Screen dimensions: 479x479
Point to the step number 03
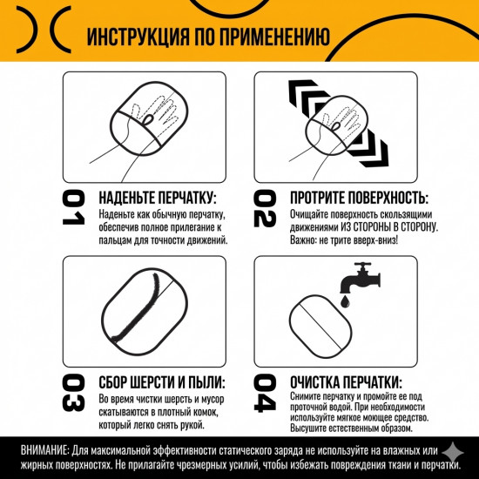click(72, 393)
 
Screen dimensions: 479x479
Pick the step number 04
click(264, 393)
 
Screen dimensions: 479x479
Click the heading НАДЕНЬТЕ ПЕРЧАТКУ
click(156, 197)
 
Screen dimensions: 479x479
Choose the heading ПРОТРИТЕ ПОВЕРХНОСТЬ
click(358, 197)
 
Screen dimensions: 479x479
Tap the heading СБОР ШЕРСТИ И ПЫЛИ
click(160, 382)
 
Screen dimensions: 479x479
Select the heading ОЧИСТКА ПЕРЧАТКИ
click(345, 382)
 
